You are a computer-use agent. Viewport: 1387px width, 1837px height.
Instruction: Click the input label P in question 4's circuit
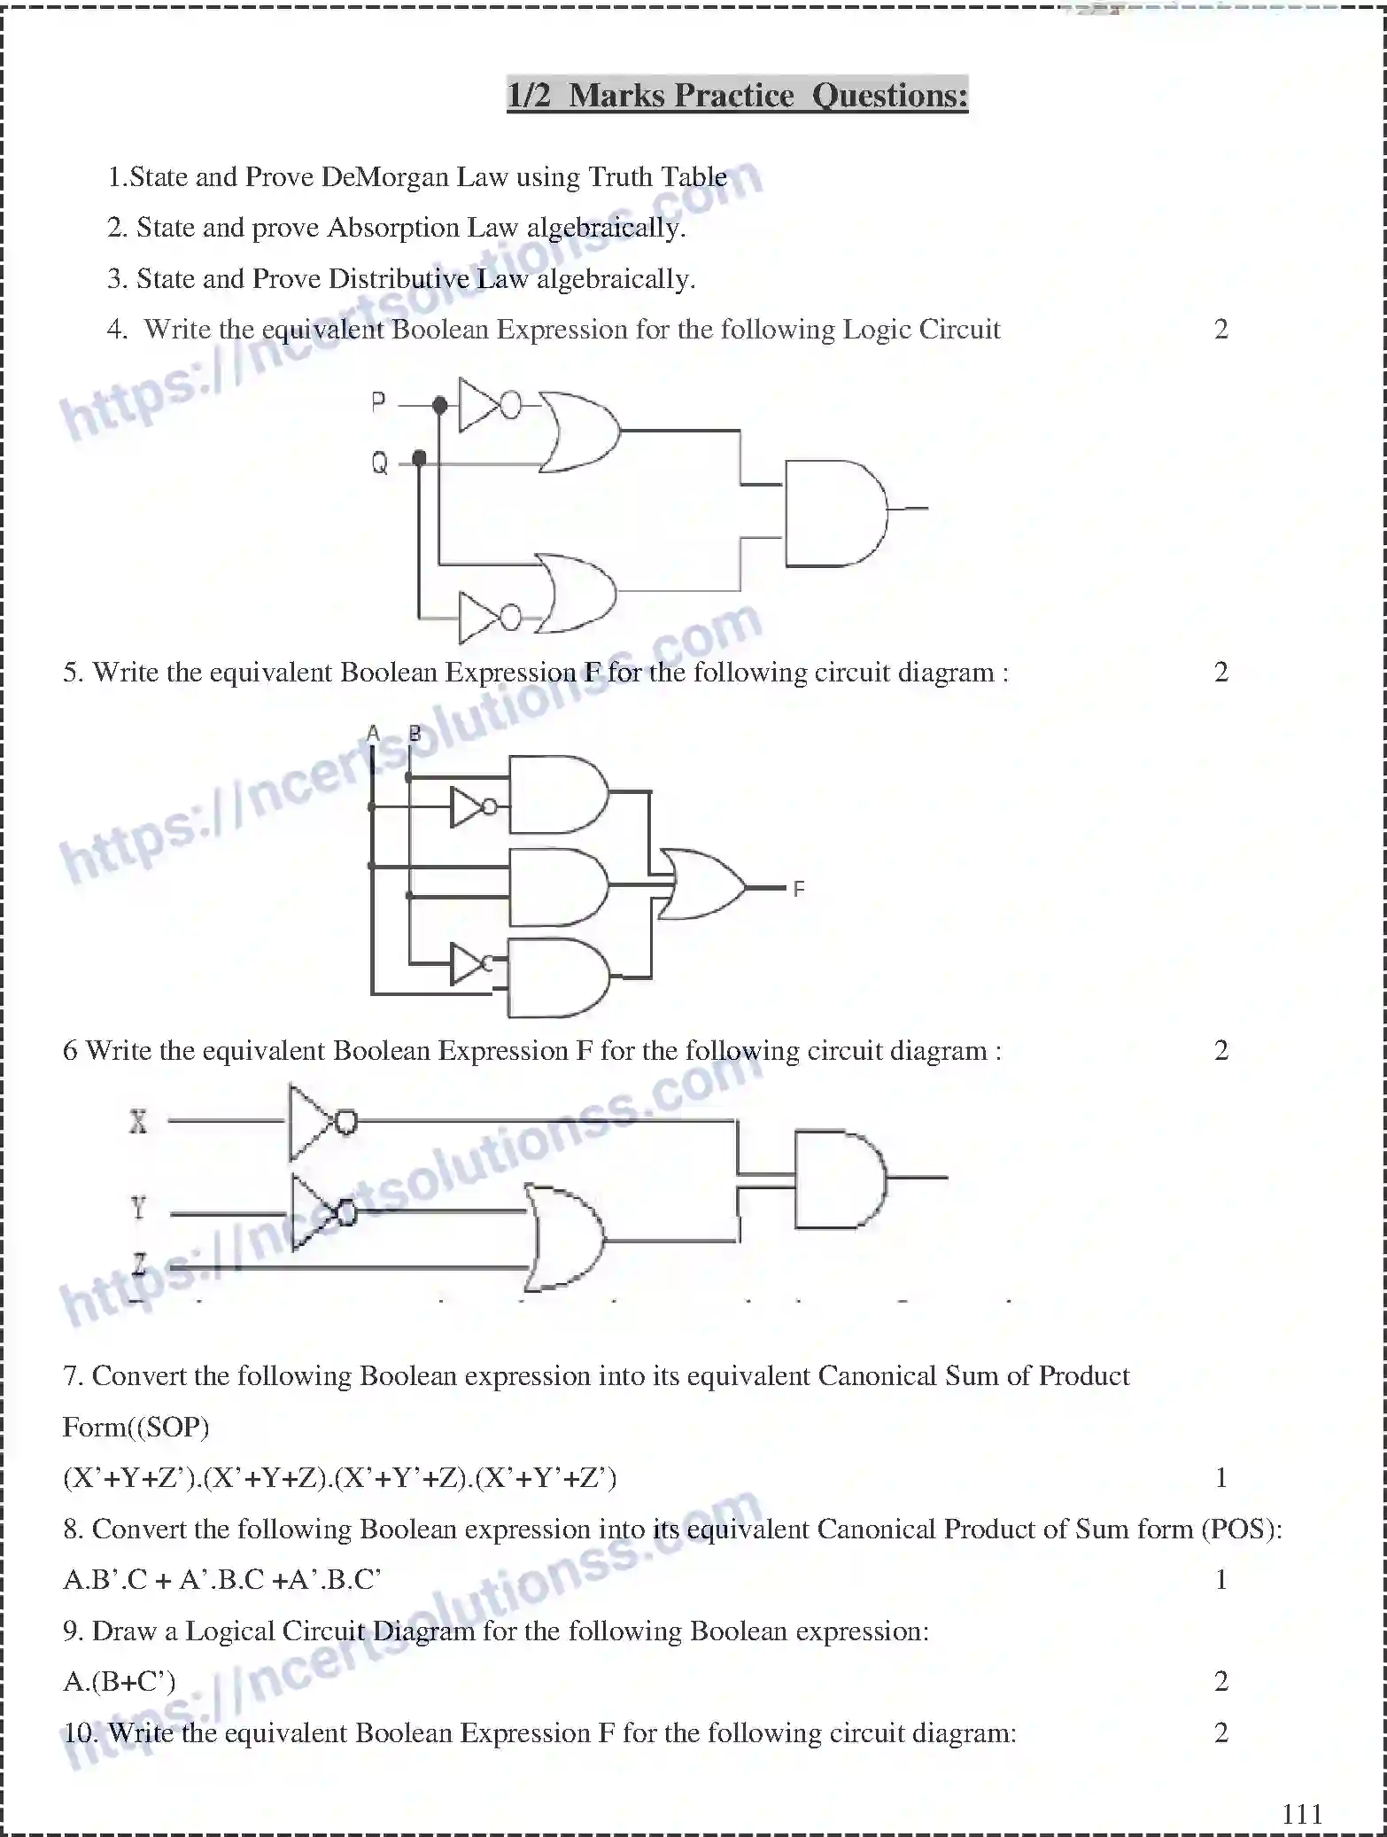(378, 402)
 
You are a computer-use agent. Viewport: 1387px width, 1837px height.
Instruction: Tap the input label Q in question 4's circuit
(379, 462)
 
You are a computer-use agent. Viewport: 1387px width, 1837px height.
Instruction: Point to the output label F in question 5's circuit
(798, 889)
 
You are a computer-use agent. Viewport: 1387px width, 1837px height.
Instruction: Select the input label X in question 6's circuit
(138, 1122)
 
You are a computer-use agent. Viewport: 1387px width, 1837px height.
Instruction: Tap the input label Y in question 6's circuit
(138, 1207)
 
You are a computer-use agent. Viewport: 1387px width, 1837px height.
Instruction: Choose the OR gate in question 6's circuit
(563, 1237)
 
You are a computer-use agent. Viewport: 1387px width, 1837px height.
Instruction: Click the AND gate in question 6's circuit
(838, 1178)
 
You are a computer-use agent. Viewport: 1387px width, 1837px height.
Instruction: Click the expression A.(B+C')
(119, 1681)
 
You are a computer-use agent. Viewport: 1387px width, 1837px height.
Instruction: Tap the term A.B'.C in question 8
(105, 1579)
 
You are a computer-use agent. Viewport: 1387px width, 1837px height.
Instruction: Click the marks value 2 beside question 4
(1220, 330)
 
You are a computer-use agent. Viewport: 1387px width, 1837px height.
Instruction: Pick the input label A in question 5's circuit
(373, 734)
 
